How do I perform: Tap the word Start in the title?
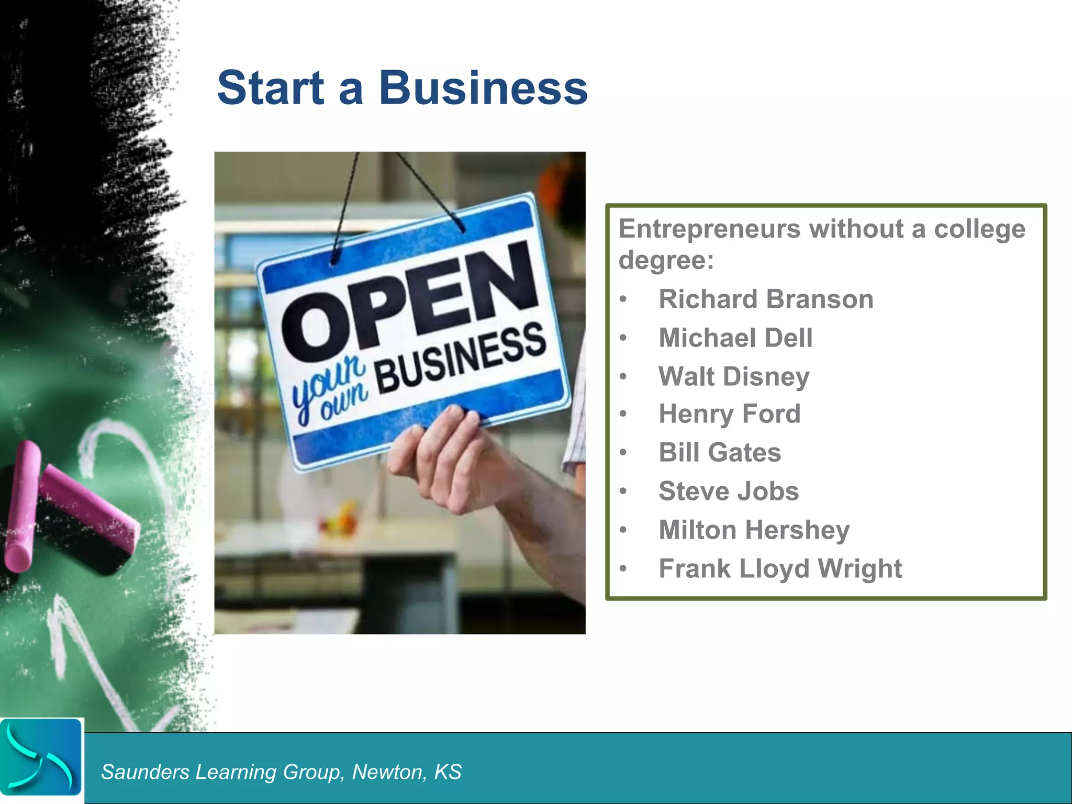point(271,87)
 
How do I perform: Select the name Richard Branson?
point(766,299)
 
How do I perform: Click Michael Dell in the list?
point(735,338)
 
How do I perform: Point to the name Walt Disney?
point(734,376)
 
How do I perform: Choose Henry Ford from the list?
point(730,414)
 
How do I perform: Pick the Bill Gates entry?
point(720,453)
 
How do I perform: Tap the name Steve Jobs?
point(729,491)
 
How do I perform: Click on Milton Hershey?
point(754,530)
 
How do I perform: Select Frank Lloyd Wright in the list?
point(780,568)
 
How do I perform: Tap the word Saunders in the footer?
point(145,772)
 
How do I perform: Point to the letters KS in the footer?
point(448,772)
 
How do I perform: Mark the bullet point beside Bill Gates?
point(623,453)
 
